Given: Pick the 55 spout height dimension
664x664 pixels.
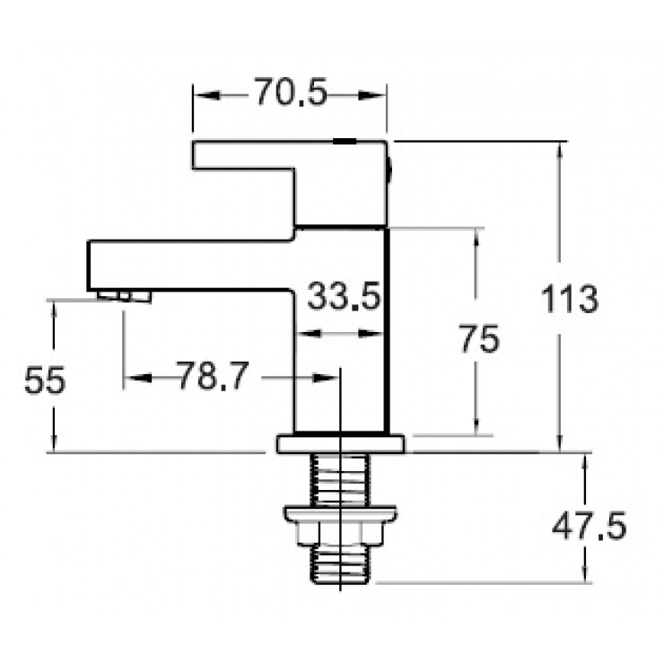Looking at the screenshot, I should [44, 381].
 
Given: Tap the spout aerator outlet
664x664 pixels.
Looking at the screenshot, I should [125, 295].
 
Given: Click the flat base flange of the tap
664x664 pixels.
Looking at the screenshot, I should [341, 443].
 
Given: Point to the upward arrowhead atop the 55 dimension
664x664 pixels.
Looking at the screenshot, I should [56, 309].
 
